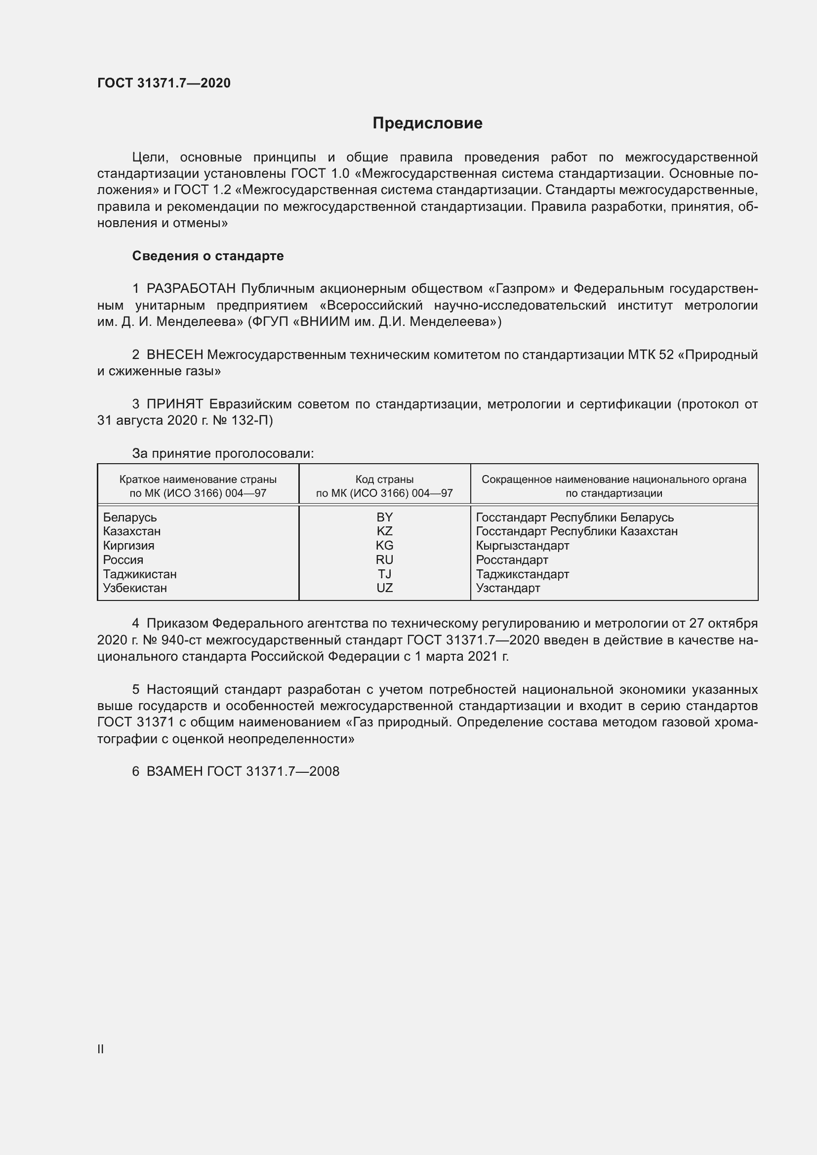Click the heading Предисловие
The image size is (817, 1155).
click(427, 123)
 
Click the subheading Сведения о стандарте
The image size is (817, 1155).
click(208, 256)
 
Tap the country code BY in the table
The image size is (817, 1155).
click(384, 517)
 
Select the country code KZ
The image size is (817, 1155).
click(384, 531)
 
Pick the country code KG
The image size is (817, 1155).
click(384, 545)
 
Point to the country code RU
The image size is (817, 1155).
click(384, 559)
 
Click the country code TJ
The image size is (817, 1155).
click(384, 574)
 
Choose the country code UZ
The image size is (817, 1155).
click(384, 588)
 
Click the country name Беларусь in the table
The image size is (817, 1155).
click(130, 517)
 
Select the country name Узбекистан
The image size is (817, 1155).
click(135, 588)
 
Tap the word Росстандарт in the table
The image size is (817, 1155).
click(512, 560)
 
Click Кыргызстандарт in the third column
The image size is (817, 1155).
click(522, 546)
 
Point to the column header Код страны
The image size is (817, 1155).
click(384, 479)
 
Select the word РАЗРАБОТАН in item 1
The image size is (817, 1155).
click(191, 289)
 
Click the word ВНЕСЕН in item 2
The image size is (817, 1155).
click(174, 355)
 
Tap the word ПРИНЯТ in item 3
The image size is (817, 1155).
click(174, 404)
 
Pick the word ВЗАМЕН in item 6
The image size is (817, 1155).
click(174, 771)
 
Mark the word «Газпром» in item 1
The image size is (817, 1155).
click(522, 289)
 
